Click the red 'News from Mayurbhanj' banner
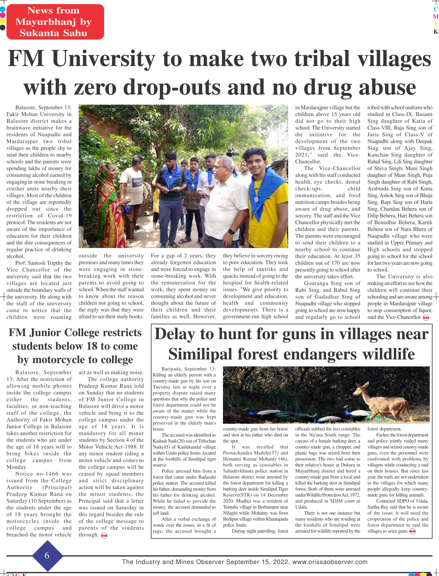[x=55, y=22]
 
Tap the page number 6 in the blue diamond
[x=47, y=555]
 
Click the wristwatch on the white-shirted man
[x=231, y=232]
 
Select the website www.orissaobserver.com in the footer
[x=330, y=562]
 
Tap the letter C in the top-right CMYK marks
[x=436, y=9]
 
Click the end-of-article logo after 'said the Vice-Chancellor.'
[x=426, y=318]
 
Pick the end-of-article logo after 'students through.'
[x=104, y=536]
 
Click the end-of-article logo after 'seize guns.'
[x=413, y=531]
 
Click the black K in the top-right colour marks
[x=436, y=32]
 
